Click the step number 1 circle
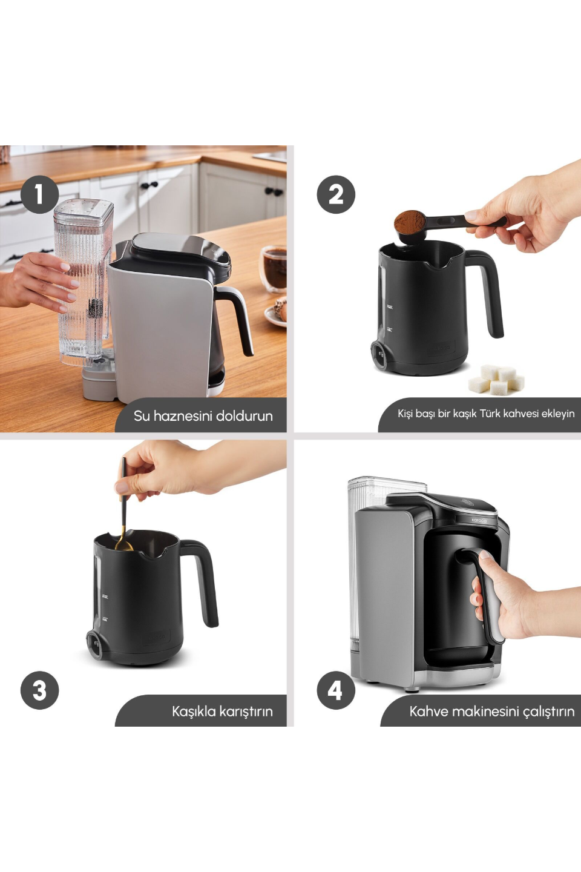tap(39, 194)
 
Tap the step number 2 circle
tap(335, 194)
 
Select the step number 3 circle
tap(39, 690)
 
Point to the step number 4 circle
tap(335, 690)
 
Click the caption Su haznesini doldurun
tap(203, 416)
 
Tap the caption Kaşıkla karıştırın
tap(222, 711)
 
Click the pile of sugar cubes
tap(496, 379)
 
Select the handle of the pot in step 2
tap(485, 290)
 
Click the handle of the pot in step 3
tap(200, 581)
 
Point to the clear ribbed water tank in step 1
tap(84, 282)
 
